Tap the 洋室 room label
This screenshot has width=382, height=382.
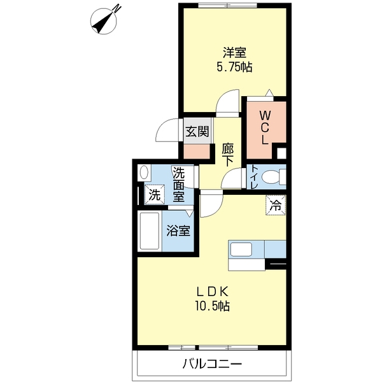(x=234, y=52)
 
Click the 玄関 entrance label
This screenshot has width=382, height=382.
(x=197, y=132)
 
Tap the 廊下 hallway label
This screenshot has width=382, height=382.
(x=227, y=155)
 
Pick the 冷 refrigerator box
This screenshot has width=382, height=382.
(x=276, y=206)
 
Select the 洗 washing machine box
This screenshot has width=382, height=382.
(x=155, y=195)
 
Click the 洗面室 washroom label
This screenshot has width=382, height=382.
(x=180, y=184)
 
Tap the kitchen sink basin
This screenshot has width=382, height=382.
(x=242, y=249)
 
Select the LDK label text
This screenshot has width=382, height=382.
(x=212, y=292)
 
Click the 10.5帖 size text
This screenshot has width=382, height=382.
(x=213, y=306)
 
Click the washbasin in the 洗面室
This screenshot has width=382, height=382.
(x=144, y=172)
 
